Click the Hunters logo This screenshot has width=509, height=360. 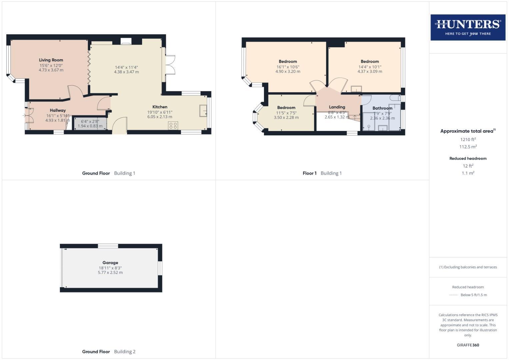(x=468, y=27)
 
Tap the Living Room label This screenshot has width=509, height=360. (x=51, y=60)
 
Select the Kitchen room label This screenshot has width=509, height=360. (x=160, y=107)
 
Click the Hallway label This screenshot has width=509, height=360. (x=58, y=110)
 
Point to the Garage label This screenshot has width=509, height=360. (x=110, y=263)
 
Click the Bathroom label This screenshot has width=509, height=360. (x=382, y=108)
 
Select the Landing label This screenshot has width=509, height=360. (x=337, y=107)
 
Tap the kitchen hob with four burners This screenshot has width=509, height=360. (x=173, y=126)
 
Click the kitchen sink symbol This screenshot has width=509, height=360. (x=203, y=111)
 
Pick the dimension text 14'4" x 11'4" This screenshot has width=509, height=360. (x=126, y=67)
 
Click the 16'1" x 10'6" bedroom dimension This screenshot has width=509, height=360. (x=288, y=67)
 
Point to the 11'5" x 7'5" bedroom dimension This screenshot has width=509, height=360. (x=286, y=113)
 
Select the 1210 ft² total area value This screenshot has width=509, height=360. (x=468, y=139)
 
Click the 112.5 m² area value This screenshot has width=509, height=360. (x=468, y=147)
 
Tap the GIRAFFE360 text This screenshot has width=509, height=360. (x=468, y=345)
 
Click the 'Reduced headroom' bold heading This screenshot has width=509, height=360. (x=468, y=158)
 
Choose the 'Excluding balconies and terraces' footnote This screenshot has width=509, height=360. (x=468, y=267)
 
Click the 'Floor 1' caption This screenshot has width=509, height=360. (x=310, y=173)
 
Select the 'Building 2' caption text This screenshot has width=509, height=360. (x=125, y=351)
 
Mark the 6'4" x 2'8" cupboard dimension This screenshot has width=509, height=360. (x=90, y=121)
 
